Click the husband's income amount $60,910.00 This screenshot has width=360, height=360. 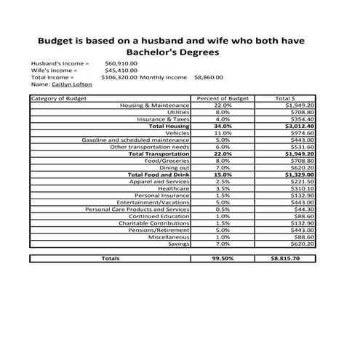point(120,63)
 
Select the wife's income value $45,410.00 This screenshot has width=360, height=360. point(120,70)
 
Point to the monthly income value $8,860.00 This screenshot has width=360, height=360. point(209,76)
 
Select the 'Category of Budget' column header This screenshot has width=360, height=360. point(59,98)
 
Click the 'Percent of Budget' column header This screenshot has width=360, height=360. point(223,98)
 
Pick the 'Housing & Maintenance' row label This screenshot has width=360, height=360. point(155,105)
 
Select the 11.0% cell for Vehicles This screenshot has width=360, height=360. point(223,133)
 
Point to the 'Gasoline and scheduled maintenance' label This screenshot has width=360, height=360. point(135,140)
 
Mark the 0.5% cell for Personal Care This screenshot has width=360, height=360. point(223,209)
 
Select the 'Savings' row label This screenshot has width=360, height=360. point(178,244)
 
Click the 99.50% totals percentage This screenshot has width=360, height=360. point(223,258)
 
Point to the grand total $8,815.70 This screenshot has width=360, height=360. point(284,258)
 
